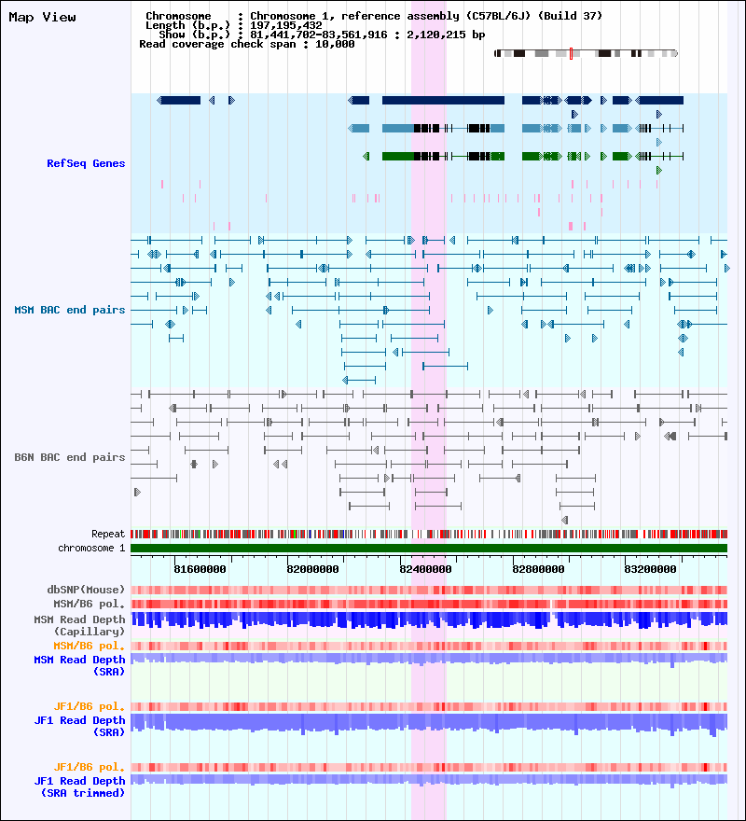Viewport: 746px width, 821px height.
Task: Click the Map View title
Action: (x=42, y=18)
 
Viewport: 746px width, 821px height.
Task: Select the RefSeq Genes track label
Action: (x=86, y=163)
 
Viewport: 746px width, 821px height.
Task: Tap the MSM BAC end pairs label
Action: (x=70, y=310)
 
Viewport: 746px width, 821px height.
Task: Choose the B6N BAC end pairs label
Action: (x=70, y=457)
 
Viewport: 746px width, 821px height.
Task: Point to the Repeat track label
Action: (x=108, y=535)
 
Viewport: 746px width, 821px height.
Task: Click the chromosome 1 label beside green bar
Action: (x=91, y=548)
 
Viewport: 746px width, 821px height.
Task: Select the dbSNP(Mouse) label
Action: (x=86, y=590)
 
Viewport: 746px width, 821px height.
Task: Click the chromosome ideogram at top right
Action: (x=586, y=53)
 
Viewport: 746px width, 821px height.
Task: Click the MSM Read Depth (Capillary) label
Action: (x=79, y=625)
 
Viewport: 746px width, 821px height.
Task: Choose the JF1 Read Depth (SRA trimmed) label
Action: (x=79, y=787)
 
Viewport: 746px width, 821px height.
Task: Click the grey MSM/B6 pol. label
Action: (x=86, y=604)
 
